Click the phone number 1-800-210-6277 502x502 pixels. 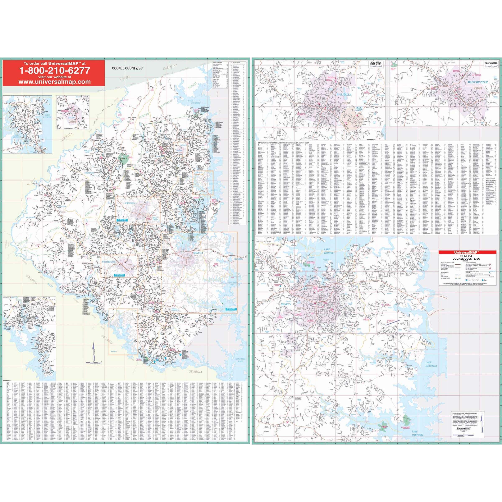(55, 70)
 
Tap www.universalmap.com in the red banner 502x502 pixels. (55, 82)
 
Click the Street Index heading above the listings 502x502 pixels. (285, 143)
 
